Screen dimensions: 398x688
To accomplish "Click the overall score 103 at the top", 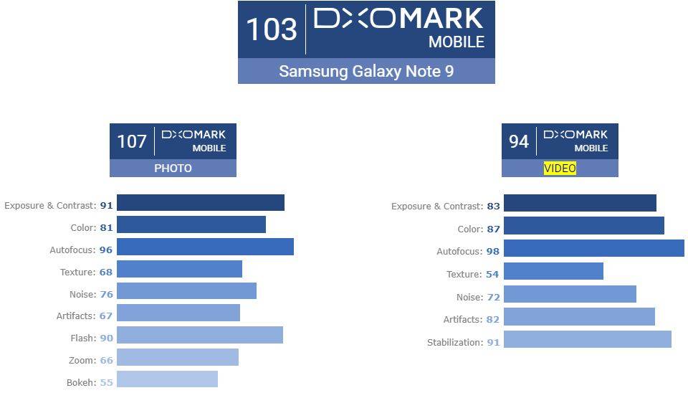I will coord(271,29).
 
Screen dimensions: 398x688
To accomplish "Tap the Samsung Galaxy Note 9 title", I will coord(366,71).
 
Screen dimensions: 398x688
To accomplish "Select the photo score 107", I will coord(132,141).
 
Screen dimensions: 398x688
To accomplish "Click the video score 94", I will coord(519,141).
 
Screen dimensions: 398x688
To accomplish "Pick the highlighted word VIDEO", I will coord(560,169).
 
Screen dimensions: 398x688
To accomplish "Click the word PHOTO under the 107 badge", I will coord(173,169).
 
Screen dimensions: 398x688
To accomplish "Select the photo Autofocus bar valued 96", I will coord(205,247).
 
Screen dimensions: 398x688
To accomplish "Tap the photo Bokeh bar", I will coord(167,379).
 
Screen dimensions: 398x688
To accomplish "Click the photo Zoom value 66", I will coord(106,361).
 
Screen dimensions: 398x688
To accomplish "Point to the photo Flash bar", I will coord(200,335).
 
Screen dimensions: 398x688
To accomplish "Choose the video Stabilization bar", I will coord(587,339).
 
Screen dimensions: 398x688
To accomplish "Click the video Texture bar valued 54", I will coord(553,271).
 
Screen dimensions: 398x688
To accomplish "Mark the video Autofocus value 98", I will coord(492,252).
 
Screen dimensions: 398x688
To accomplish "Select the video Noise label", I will coord(469,297).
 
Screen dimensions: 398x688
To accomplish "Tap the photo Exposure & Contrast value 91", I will coord(106,205).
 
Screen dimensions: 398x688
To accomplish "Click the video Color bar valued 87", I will coord(583,226).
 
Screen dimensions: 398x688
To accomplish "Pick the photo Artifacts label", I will coord(76,316).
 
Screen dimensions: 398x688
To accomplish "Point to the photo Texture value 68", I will coord(106,272).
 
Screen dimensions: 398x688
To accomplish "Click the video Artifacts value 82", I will coord(492,319).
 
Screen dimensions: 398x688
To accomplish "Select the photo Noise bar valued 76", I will coord(186,290).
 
